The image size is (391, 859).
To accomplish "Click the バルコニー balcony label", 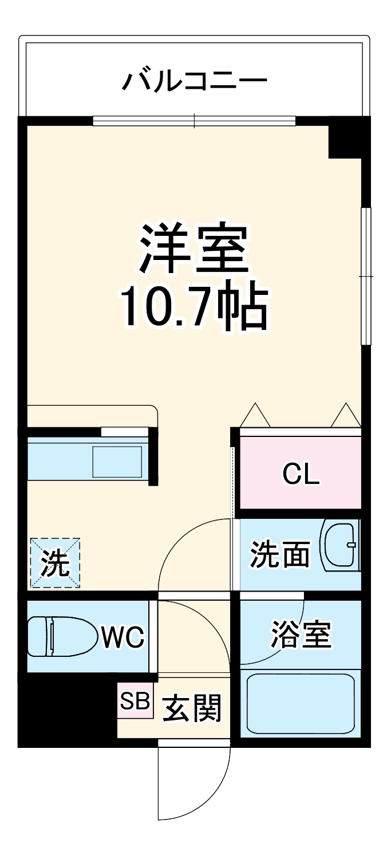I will [195, 81].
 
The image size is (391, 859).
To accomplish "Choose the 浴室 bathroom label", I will [301, 635].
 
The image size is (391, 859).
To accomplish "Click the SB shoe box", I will [135, 700].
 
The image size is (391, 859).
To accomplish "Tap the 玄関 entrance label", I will [191, 711].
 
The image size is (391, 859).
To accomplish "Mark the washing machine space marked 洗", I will [55, 563].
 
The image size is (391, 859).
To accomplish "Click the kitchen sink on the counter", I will [117, 461].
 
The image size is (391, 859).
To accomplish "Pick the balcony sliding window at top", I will [194, 120].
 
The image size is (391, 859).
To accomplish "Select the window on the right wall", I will [366, 276].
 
